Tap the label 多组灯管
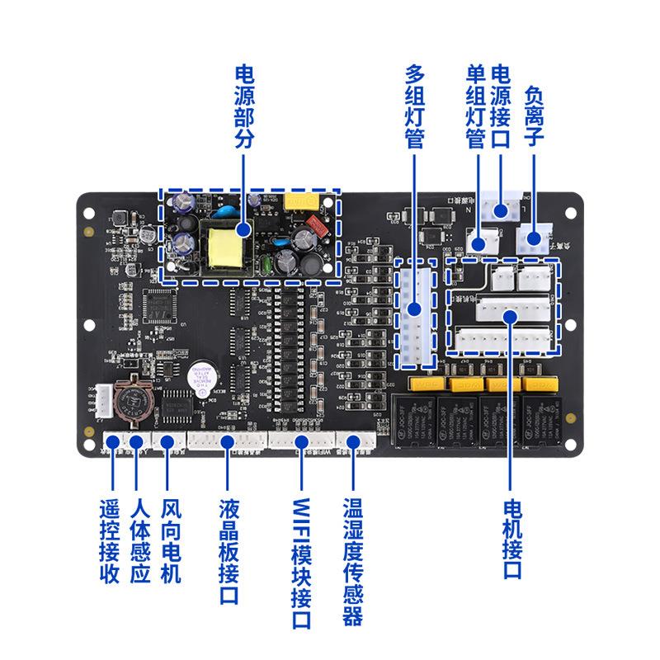414,107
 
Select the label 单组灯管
474,107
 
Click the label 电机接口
512,540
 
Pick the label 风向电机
169,540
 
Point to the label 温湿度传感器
352,561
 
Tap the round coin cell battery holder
133,400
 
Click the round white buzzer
201,372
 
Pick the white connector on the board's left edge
103,403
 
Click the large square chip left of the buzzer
160,304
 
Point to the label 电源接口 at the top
501,107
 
